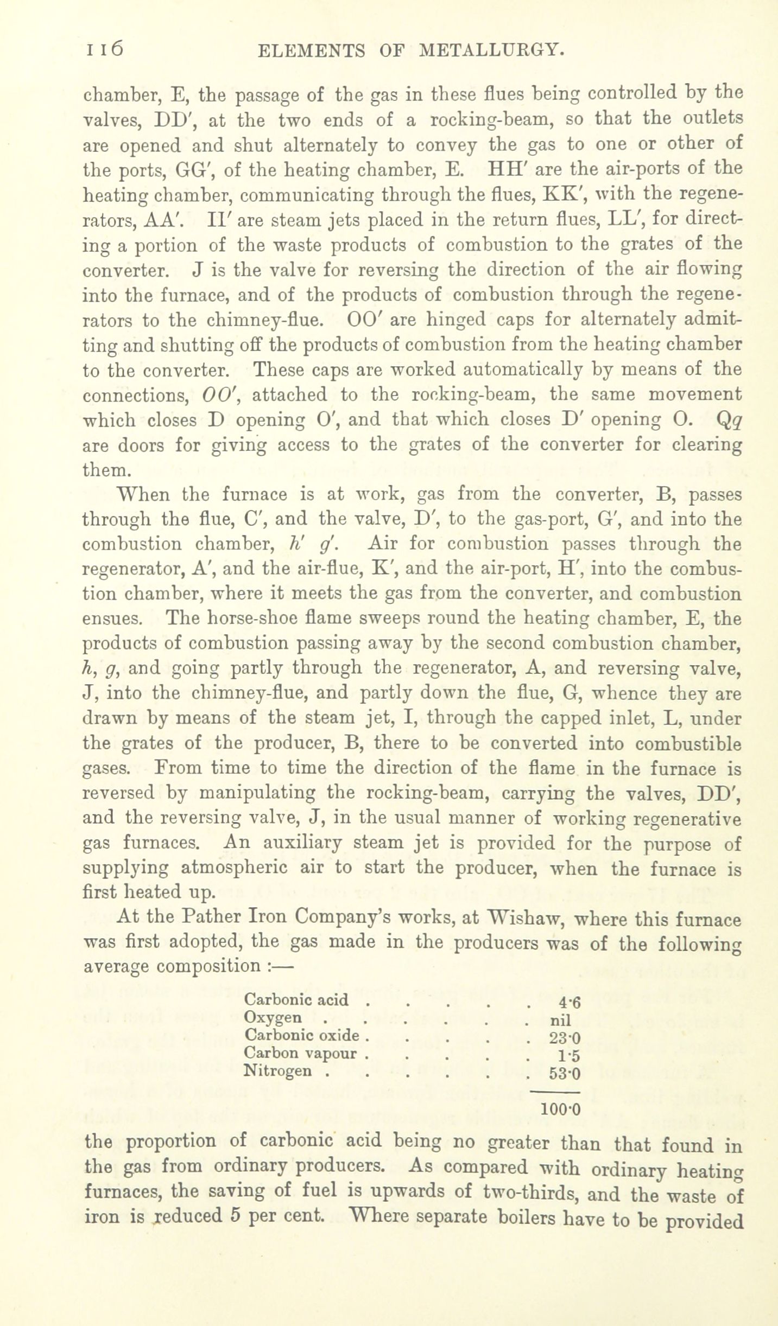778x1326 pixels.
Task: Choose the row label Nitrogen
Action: click(279, 1071)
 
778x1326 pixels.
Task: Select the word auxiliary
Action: click(297, 844)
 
